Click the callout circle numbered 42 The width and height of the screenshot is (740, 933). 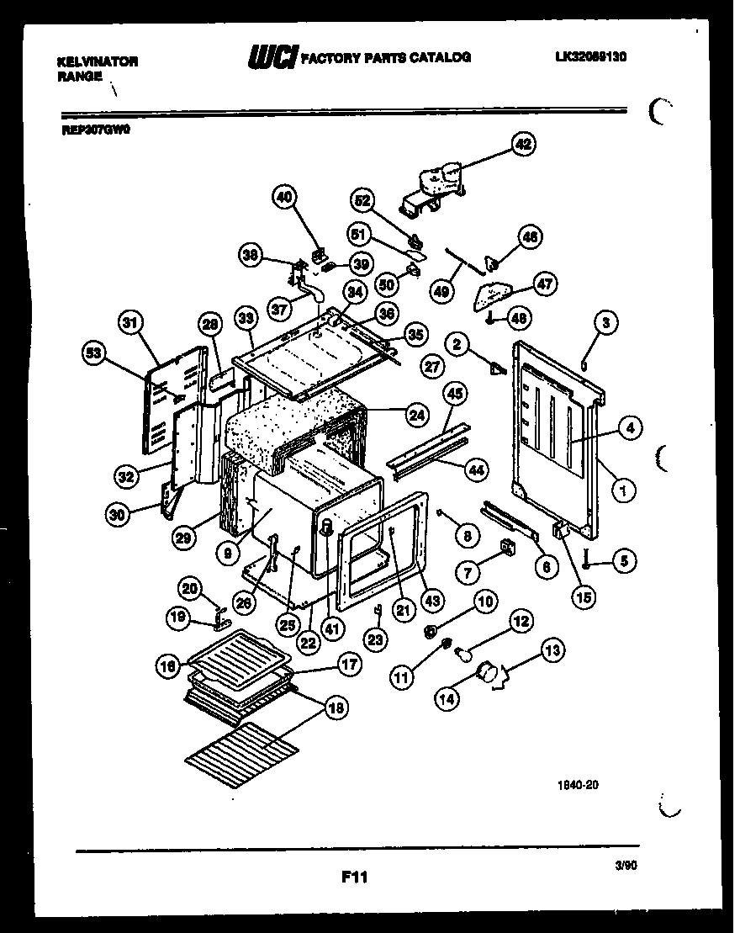coord(523,145)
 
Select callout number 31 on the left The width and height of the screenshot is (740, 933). coord(131,322)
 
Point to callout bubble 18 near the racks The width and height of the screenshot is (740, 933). coord(335,708)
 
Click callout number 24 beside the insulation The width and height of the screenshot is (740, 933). coord(415,414)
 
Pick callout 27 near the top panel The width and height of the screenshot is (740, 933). coord(433,367)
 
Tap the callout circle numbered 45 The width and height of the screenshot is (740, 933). coord(455,393)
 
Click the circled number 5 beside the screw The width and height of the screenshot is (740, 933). coord(623,560)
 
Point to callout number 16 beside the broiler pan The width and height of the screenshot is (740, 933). coord(168,666)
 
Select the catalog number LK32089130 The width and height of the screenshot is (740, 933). coord(592,57)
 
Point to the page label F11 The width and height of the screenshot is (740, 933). coord(355,877)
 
